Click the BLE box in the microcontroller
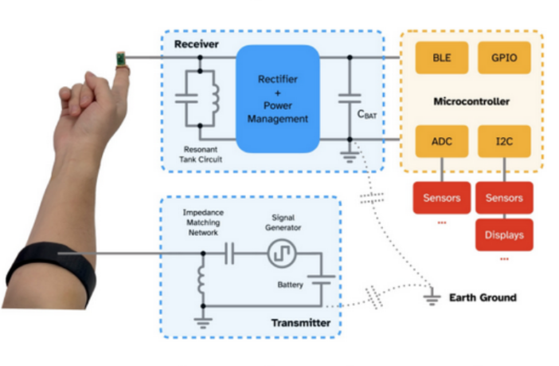tap(440, 58)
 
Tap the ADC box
tap(440, 140)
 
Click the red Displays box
tap(504, 235)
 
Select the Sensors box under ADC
tap(440, 198)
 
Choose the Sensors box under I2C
tap(504, 198)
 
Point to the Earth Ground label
tap(483, 297)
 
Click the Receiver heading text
tap(196, 44)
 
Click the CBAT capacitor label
tap(367, 115)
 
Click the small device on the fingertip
tap(121, 58)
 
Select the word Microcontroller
tap(471, 101)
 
